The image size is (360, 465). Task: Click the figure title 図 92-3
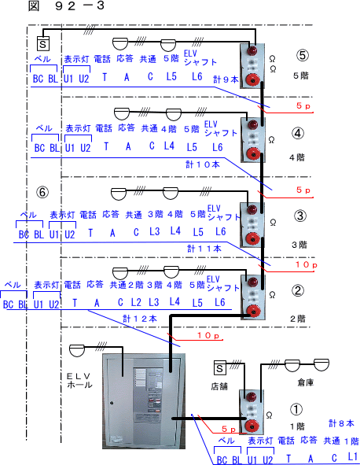click(66, 6)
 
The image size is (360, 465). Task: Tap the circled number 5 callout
click(302, 55)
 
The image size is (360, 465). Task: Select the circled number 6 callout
click(42, 192)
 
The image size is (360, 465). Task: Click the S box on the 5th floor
click(43, 44)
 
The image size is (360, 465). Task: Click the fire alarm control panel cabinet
click(144, 401)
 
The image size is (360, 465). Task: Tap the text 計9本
click(226, 79)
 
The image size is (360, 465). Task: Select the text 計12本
click(140, 319)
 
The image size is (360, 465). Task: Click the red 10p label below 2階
click(208, 335)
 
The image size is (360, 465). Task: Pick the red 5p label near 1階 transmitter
click(229, 429)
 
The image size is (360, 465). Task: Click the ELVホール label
click(79, 381)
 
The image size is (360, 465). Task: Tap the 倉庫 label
click(305, 383)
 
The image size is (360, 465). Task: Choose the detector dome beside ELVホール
click(77, 350)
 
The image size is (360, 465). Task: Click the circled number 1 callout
click(296, 410)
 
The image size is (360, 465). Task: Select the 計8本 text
click(341, 423)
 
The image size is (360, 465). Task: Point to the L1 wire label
click(353, 456)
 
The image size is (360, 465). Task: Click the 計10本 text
click(203, 164)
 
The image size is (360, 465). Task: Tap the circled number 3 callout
click(299, 216)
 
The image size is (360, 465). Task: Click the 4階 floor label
click(297, 157)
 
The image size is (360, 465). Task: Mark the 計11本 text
click(204, 249)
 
